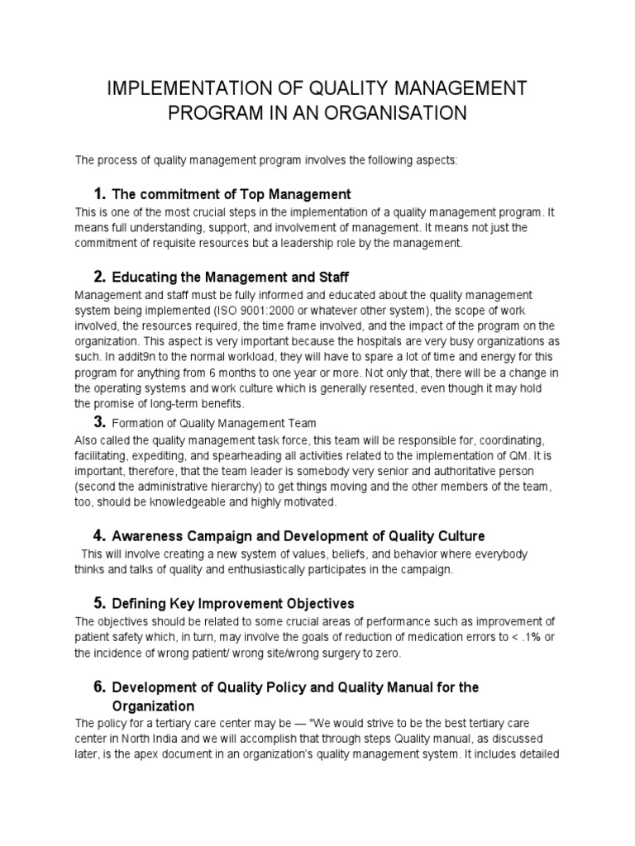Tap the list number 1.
click(99, 194)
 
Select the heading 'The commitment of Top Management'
click(232, 195)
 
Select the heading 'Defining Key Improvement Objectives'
click(233, 604)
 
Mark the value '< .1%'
click(523, 638)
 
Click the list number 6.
click(99, 687)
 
